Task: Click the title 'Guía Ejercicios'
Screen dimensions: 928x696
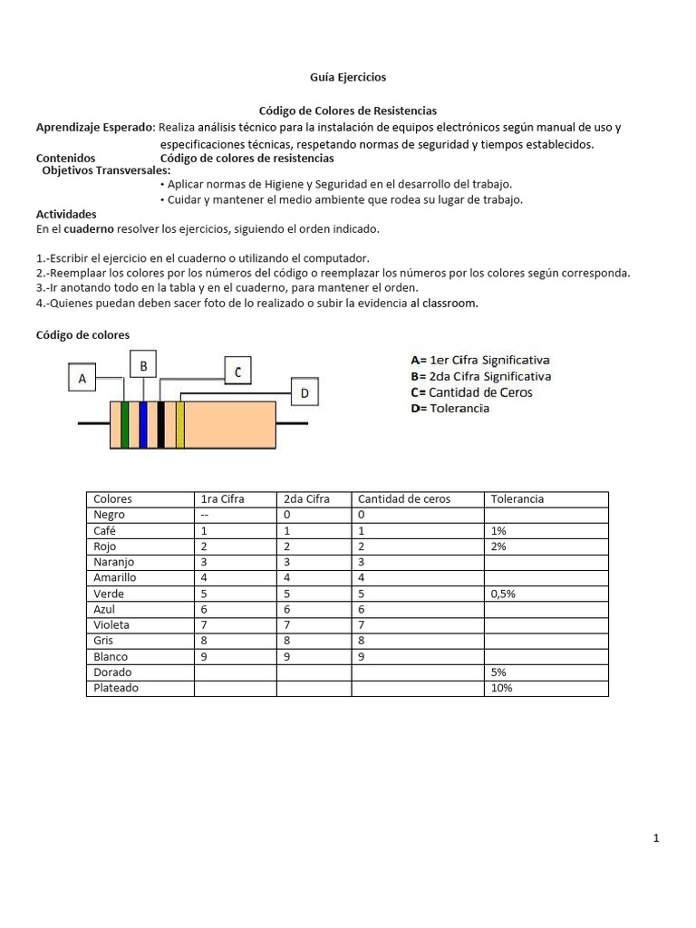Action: point(348,78)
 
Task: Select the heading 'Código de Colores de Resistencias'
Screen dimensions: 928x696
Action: point(348,110)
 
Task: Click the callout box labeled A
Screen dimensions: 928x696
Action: point(82,378)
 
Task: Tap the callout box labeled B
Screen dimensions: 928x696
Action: point(143,365)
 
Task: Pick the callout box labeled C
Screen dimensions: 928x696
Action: point(237,371)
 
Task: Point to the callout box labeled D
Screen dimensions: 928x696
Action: point(304,393)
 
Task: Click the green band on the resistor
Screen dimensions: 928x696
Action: point(125,425)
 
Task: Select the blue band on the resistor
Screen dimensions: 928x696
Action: point(143,425)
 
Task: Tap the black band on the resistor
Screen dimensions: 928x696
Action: point(161,425)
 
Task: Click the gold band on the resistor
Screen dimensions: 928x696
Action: point(180,425)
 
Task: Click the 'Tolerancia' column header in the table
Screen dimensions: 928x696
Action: point(517,499)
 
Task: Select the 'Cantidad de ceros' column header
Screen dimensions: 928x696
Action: point(404,499)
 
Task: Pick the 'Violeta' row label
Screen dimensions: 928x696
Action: point(111,625)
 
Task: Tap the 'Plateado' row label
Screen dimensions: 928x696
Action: point(116,688)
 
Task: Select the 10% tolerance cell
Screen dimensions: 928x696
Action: point(501,688)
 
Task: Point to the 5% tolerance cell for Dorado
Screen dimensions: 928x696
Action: point(498,672)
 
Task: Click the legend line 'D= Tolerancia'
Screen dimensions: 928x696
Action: point(449,409)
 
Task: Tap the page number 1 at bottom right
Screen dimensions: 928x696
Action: point(655,838)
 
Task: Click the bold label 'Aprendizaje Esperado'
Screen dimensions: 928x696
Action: point(94,127)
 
